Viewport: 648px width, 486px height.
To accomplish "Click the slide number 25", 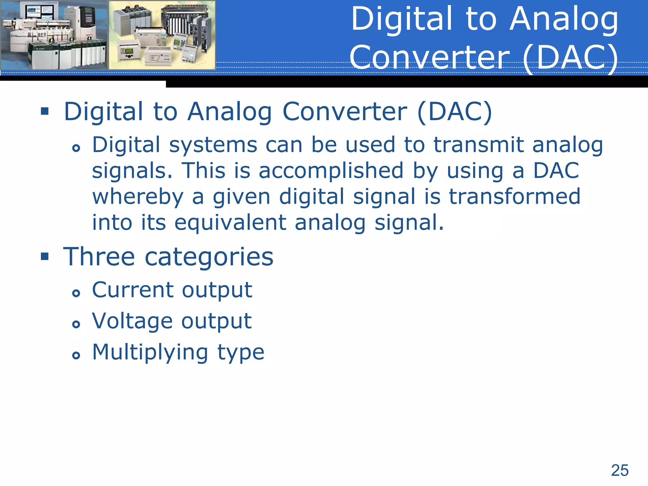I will pos(620,470).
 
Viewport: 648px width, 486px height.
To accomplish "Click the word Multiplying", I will pos(150,352).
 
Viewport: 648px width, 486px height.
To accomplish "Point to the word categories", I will pos(209,257).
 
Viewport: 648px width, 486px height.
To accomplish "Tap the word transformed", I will pos(514,196).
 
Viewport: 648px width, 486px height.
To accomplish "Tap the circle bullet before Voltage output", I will pos(76,324).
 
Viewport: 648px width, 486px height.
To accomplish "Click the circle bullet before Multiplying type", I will pos(76,355).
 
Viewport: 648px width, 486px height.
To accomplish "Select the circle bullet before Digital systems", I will pos(76,148).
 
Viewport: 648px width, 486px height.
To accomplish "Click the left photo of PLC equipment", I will pos(54,35).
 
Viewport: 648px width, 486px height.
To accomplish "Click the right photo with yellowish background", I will pos(162,35).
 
